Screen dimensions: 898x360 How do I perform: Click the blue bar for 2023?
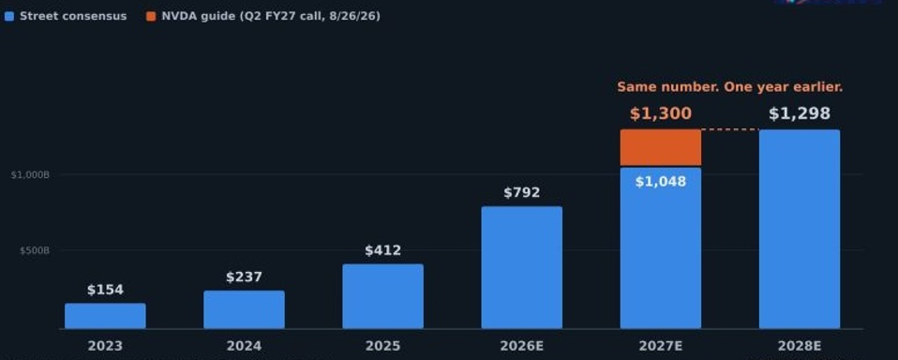pos(105,316)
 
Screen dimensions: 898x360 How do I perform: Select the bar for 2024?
pos(244,309)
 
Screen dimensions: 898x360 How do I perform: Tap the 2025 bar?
pos(383,296)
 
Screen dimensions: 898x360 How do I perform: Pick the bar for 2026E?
pos(522,268)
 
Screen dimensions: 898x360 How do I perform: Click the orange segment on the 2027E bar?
pos(660,148)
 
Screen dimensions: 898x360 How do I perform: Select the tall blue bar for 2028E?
pos(800,229)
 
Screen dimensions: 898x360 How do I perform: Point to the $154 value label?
pos(105,291)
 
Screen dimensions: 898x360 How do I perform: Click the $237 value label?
pos(244,277)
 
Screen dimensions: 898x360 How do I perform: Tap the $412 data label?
pos(383,250)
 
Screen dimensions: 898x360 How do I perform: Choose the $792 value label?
pos(522,193)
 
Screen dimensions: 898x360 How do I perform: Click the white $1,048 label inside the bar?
pos(660,182)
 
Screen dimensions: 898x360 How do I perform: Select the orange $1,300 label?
pos(660,113)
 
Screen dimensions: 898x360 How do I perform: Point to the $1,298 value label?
pos(800,113)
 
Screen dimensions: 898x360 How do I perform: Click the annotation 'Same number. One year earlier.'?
pos(730,87)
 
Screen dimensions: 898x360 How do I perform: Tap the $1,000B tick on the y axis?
pos(30,174)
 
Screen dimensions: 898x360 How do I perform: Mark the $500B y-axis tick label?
pos(35,250)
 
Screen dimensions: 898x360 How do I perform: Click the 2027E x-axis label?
pos(660,346)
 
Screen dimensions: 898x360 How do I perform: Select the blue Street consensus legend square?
pos(8,17)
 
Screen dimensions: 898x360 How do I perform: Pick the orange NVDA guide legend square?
pos(151,17)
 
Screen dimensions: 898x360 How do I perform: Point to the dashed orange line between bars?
pos(730,129)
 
